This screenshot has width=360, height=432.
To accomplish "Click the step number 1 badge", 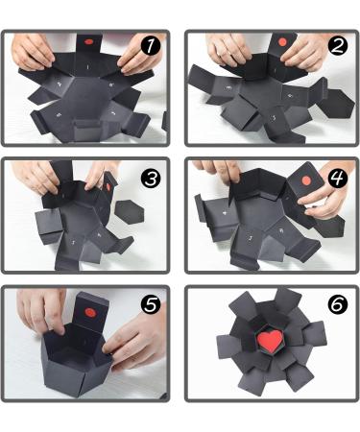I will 152,46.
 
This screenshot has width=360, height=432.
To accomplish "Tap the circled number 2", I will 336,46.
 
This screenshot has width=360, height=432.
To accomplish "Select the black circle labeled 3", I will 152,178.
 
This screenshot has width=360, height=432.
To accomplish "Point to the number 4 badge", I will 336,178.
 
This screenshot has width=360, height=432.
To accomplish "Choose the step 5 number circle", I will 152,304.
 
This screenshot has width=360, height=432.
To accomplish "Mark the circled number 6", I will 336,304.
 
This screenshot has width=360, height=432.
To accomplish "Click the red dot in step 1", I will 87,43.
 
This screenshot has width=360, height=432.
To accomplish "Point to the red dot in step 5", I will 87,312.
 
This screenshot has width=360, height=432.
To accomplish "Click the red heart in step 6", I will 273,341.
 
